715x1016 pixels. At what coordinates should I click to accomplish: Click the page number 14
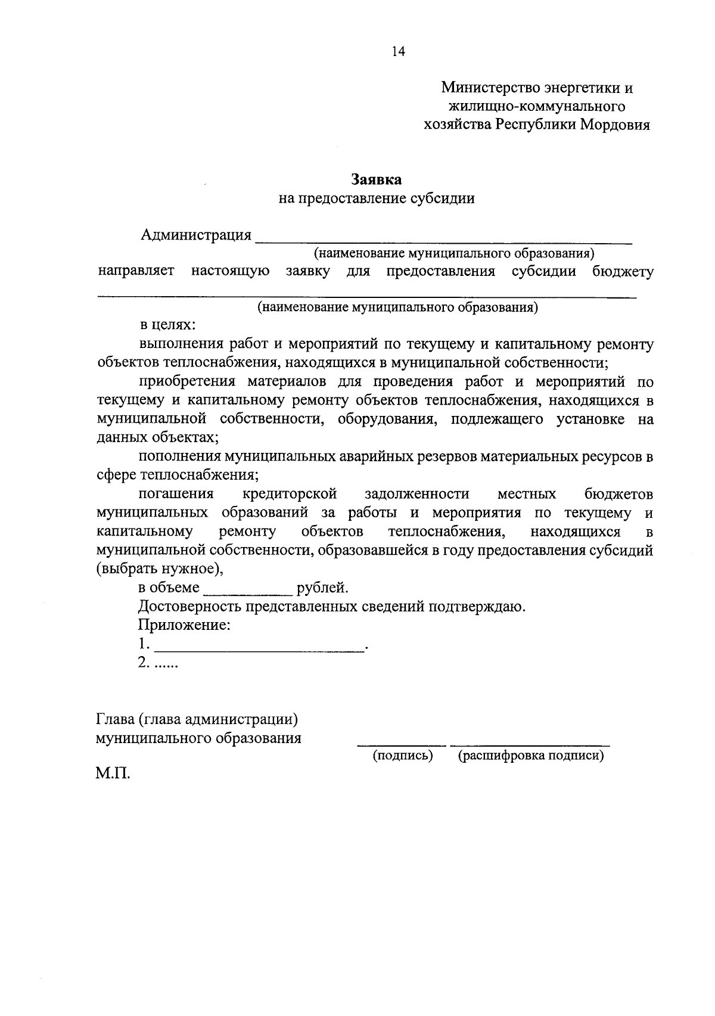[398, 52]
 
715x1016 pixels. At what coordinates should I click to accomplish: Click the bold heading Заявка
[377, 179]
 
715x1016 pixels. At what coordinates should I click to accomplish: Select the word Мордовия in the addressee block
[615, 125]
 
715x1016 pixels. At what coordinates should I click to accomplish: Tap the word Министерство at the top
[490, 88]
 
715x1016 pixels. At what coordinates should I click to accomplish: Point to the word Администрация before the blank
[196, 235]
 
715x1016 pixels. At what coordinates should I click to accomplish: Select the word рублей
[322, 588]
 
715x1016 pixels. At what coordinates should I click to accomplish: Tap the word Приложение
[184, 626]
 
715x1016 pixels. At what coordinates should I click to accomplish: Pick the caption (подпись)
[402, 756]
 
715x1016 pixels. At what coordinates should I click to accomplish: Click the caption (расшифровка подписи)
[530, 756]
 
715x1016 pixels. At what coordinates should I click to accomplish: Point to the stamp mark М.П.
[113, 774]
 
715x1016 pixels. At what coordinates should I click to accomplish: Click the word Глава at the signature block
[116, 719]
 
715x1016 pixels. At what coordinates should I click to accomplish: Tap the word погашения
[176, 494]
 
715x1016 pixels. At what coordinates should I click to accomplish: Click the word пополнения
[179, 457]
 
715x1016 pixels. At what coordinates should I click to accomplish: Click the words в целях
[167, 325]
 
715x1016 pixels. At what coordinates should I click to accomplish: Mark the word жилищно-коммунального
[536, 107]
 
